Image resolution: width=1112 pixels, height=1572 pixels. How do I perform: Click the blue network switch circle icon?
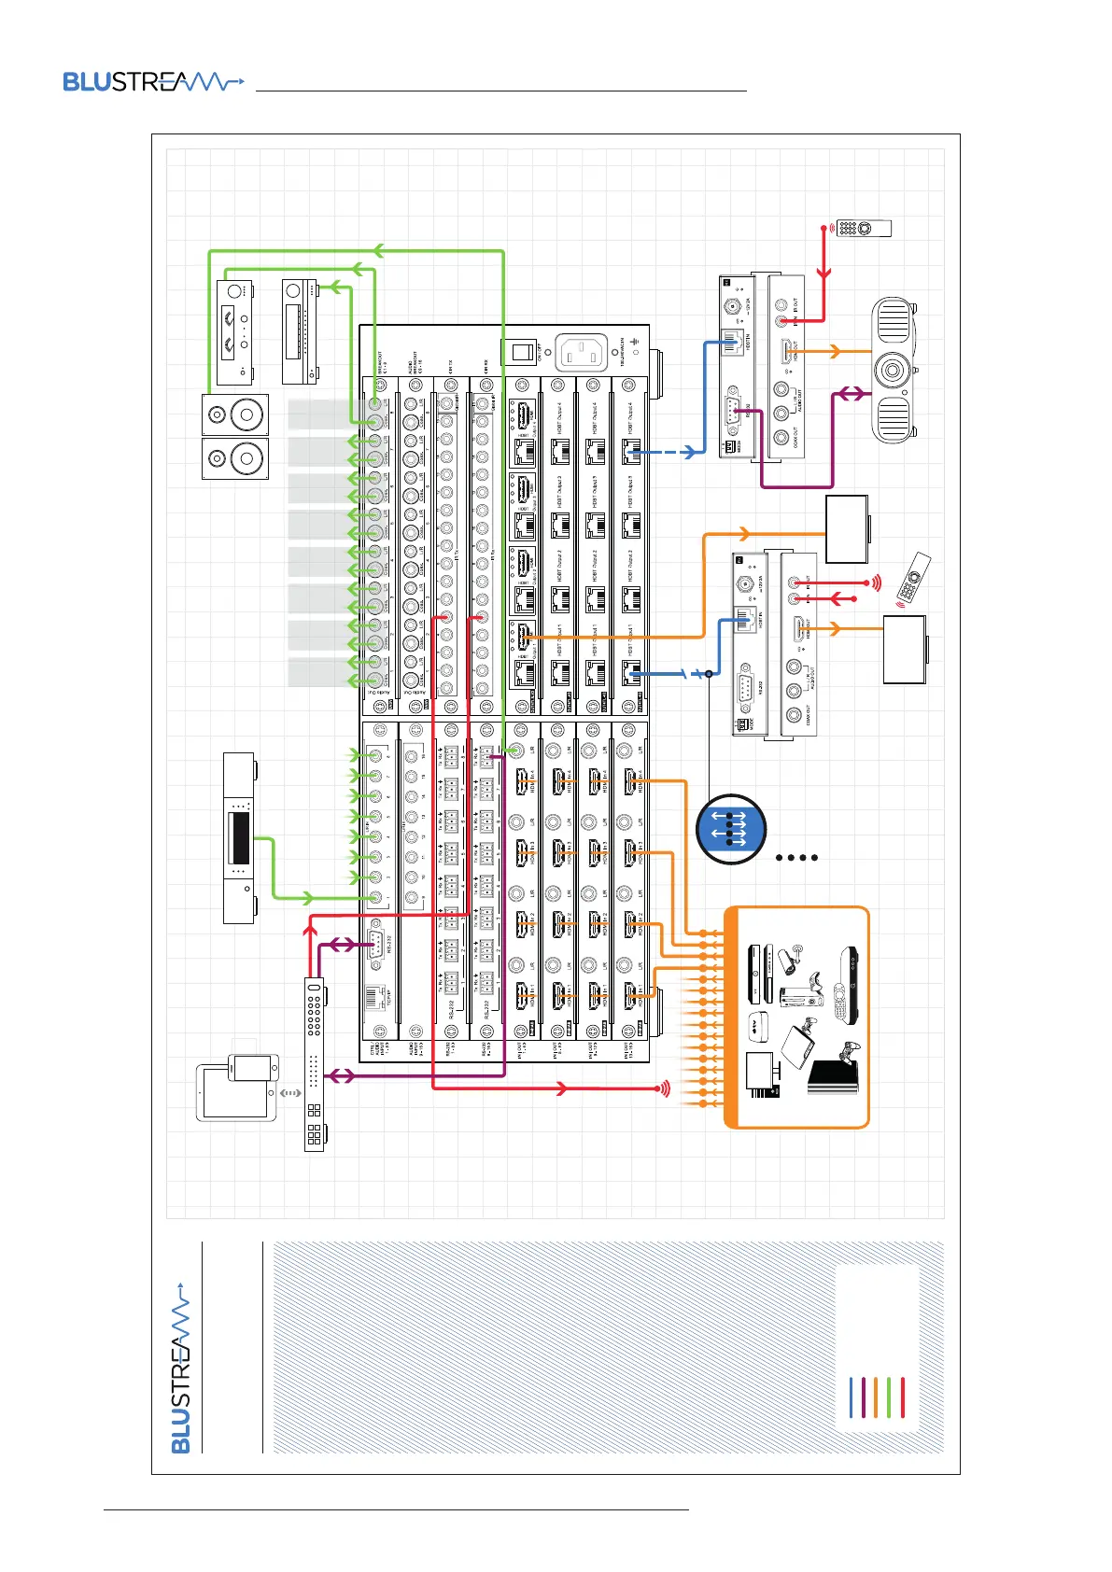click(731, 828)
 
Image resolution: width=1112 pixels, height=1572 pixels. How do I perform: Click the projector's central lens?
click(894, 371)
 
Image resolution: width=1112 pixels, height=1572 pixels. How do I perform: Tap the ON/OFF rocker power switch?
click(519, 352)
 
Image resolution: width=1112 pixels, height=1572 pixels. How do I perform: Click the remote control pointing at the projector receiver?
click(864, 228)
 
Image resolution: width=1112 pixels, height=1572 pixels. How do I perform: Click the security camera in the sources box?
click(793, 958)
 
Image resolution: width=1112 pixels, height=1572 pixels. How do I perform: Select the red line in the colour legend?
click(903, 1397)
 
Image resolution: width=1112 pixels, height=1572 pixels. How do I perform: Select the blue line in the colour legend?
click(851, 1397)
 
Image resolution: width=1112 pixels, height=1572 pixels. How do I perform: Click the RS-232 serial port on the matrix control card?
click(375, 944)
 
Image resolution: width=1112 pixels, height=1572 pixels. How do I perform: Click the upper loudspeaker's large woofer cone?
click(249, 414)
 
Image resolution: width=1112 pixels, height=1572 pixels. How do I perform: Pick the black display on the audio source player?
click(239, 837)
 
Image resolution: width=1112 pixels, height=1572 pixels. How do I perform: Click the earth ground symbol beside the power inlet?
click(636, 340)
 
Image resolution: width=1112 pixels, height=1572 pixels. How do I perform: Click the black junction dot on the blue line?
click(709, 673)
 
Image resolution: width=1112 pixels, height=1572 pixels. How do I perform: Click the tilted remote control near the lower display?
click(913, 578)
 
